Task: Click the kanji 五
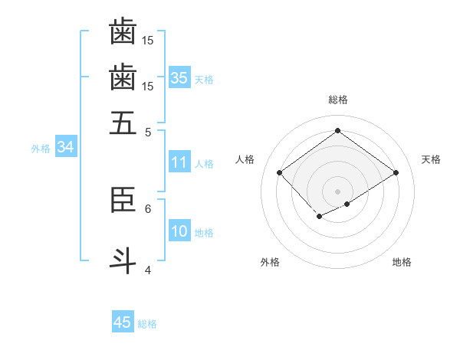pos(123,123)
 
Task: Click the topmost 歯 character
pos(123,31)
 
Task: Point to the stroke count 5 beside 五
pos(148,132)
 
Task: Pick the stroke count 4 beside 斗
pos(148,270)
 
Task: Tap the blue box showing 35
pos(179,77)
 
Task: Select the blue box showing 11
pos(179,162)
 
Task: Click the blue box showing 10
pos(179,231)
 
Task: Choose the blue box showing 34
pos(65,147)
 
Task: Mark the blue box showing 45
pos(123,322)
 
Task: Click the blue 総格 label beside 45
pos(147,324)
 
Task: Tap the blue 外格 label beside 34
pos(41,149)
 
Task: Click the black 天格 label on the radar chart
pos(431,159)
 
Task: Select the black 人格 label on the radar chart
pos(245,159)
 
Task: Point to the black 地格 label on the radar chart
pos(402,263)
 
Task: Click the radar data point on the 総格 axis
pos(337,131)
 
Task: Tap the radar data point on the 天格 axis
pos(396,173)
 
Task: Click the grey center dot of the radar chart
pos(337,191)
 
